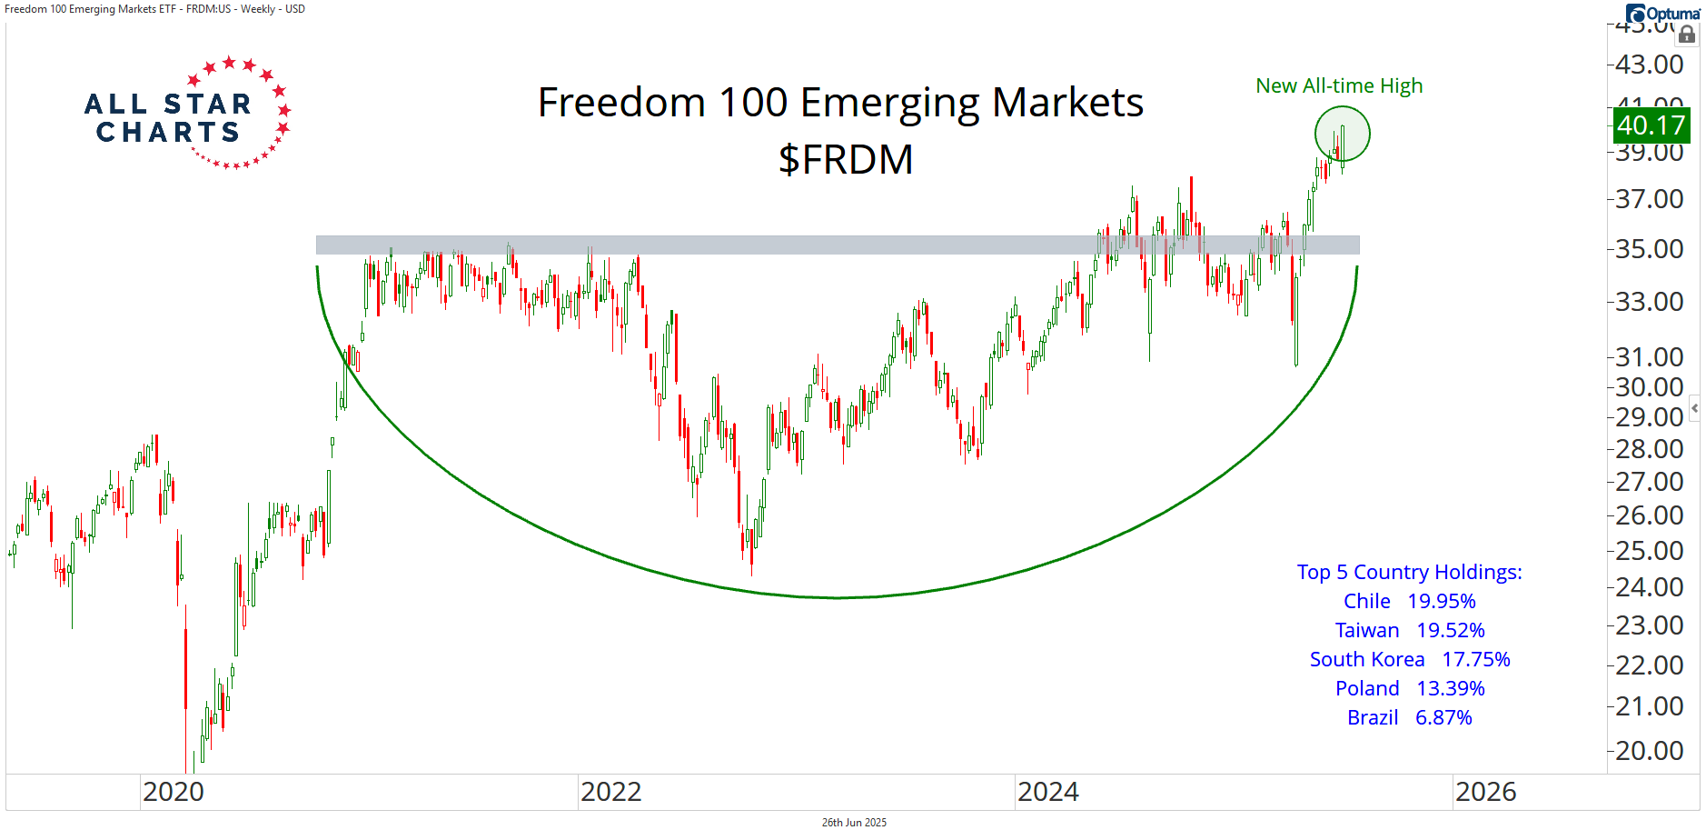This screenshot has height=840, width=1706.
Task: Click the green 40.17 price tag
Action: [x=1651, y=125]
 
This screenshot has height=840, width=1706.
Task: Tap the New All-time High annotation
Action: [x=1338, y=86]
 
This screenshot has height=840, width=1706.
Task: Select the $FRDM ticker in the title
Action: [x=845, y=160]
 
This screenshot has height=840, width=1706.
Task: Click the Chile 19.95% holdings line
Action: [x=1409, y=602]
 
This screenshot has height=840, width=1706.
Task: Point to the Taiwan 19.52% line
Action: [x=1409, y=631]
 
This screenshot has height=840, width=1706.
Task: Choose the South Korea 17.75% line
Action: [x=1409, y=660]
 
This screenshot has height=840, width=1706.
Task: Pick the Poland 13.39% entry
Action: [x=1409, y=689]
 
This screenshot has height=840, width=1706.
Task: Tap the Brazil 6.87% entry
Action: [x=1409, y=718]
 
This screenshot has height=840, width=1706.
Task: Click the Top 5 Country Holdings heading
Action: [x=1409, y=573]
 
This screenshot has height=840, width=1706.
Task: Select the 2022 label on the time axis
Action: [x=610, y=793]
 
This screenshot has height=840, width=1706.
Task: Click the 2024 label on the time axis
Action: [x=1047, y=793]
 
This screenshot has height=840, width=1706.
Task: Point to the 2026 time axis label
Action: [x=1485, y=793]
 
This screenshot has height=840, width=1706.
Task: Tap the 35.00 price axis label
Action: [x=1649, y=249]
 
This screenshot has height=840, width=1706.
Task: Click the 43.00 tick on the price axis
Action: [x=1649, y=65]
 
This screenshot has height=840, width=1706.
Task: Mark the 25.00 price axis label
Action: [x=1649, y=551]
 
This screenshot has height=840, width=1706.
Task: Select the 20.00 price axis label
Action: [x=1649, y=751]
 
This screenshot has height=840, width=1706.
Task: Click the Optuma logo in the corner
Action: [x=1662, y=14]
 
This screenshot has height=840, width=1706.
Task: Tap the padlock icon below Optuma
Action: [x=1687, y=35]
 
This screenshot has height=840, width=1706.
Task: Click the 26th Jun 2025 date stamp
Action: [x=854, y=823]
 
